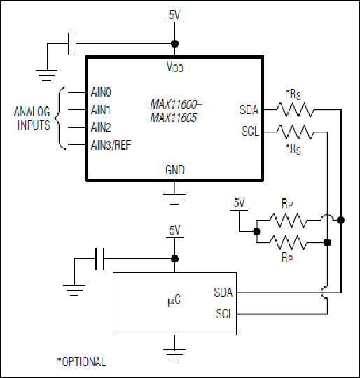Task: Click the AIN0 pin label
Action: click(x=101, y=92)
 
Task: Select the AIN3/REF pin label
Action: click(x=111, y=145)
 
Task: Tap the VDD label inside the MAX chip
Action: click(x=175, y=66)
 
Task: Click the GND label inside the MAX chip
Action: click(x=174, y=170)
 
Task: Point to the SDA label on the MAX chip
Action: click(x=249, y=110)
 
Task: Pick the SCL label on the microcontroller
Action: click(x=225, y=314)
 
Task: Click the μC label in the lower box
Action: click(x=174, y=300)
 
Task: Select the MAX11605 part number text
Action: click(x=174, y=118)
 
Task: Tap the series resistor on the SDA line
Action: click(x=296, y=110)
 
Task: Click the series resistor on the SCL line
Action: click(x=296, y=132)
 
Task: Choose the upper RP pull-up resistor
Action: click(x=288, y=220)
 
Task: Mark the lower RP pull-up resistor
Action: click(x=288, y=242)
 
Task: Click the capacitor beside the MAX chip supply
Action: click(x=72, y=43)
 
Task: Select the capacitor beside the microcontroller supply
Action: click(x=99, y=259)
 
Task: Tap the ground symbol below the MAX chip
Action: click(x=174, y=199)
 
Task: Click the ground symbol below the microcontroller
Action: click(x=174, y=355)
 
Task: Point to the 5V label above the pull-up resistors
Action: click(x=239, y=202)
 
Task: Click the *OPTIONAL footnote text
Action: click(x=81, y=362)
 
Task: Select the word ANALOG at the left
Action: click(x=32, y=112)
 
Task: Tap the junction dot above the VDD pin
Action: click(x=174, y=43)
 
